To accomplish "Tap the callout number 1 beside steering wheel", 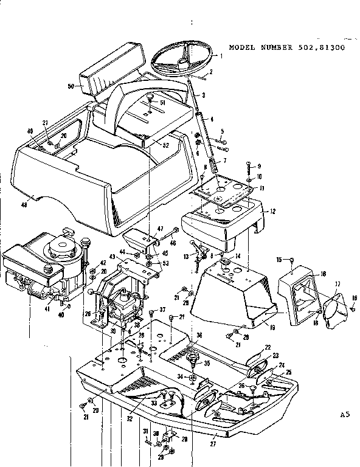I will (x=221, y=56).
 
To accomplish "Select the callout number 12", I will (x=272, y=211).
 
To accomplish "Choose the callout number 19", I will (x=273, y=327).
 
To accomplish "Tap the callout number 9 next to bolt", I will (x=258, y=166).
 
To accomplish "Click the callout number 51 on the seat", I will (x=163, y=103).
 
